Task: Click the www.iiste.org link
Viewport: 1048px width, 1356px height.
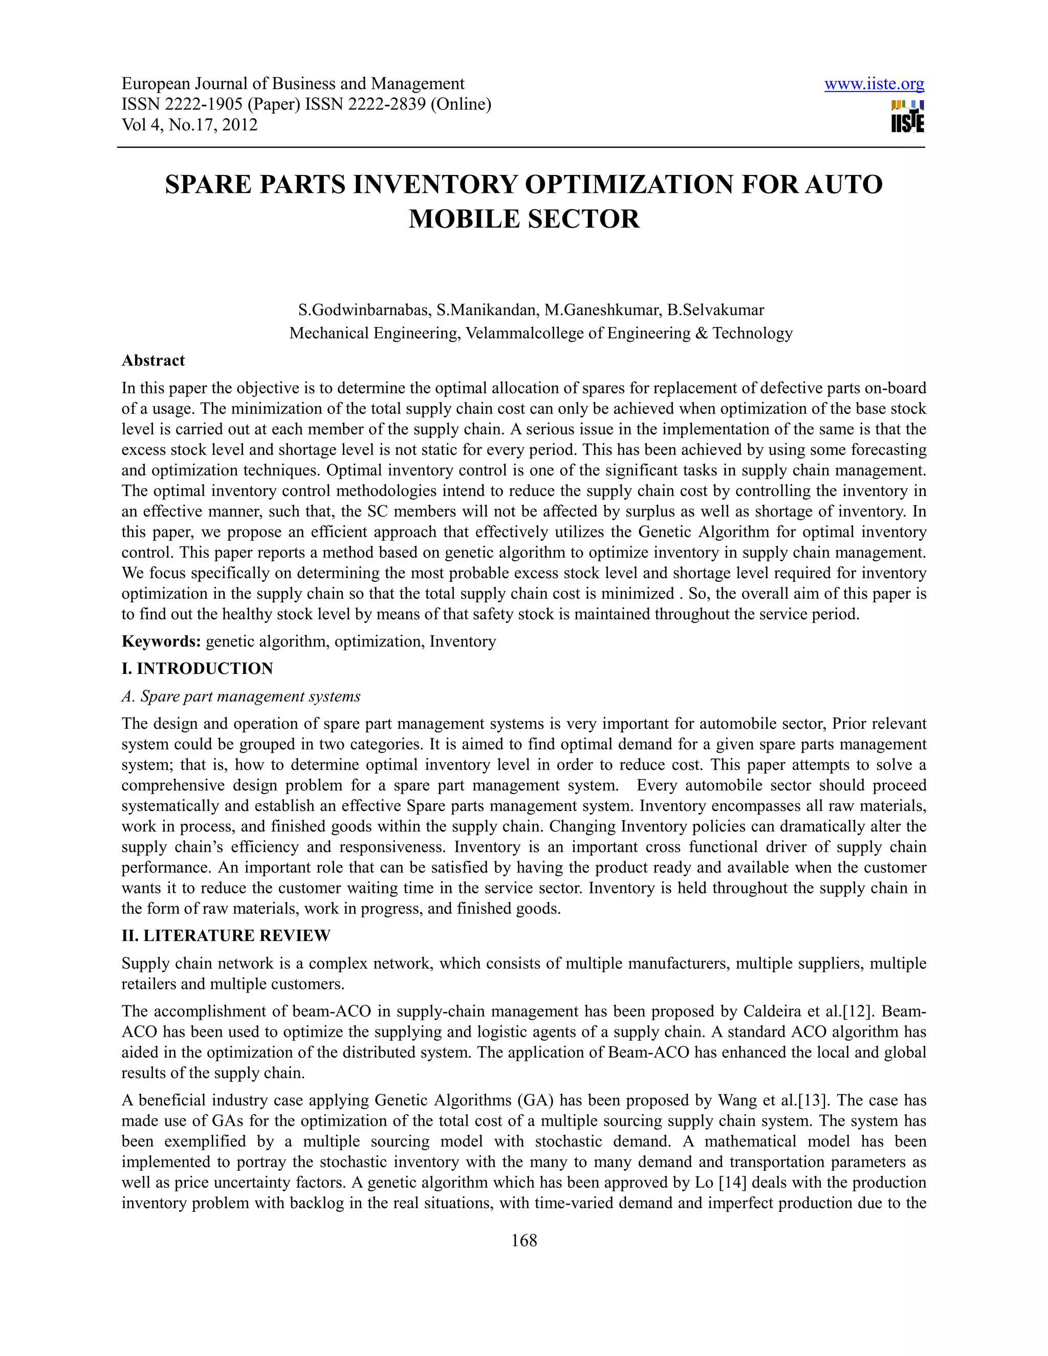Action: click(874, 84)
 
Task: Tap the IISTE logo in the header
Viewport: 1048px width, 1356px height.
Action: click(907, 117)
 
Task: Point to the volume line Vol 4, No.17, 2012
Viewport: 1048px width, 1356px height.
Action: click(189, 125)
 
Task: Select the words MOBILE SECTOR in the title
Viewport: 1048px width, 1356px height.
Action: click(523, 219)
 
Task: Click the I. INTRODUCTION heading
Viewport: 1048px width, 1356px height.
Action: click(197, 669)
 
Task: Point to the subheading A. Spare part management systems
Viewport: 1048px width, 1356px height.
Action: click(241, 696)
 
